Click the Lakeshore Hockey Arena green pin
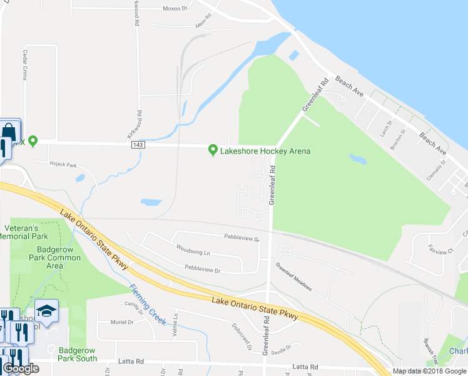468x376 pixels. click(213, 150)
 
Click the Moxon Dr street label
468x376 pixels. click(175, 9)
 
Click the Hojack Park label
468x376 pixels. click(63, 165)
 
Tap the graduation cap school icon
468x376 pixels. click(46, 310)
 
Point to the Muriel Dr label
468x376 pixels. click(122, 322)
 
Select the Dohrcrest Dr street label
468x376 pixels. click(240, 336)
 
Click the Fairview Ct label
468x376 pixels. click(441, 249)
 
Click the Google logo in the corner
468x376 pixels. click(21, 368)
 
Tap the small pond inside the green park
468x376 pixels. click(358, 159)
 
